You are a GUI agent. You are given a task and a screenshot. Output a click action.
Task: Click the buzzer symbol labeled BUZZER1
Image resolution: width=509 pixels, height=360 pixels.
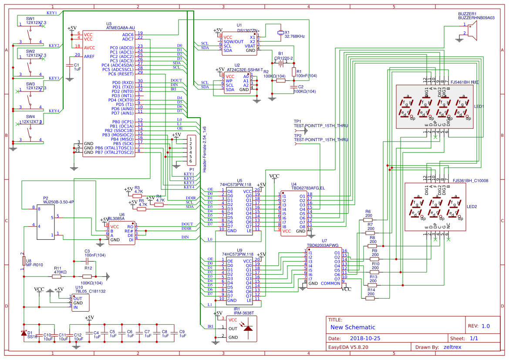click(x=472, y=31)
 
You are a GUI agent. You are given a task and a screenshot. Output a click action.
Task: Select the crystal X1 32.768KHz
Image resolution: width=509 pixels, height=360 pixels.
click(x=280, y=33)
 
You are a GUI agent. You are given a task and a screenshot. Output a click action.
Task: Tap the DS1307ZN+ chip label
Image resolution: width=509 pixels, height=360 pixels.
click(x=248, y=30)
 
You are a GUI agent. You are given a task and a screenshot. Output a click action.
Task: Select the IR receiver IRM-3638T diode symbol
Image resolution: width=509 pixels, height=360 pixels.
click(x=248, y=328)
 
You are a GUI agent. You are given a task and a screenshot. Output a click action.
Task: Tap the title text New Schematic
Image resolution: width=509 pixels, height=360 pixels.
click(x=352, y=327)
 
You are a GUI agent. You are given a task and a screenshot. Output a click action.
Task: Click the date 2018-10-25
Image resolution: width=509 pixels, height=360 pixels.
click(x=365, y=338)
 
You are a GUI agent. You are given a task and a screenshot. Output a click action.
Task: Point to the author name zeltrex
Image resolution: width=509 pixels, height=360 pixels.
click(x=452, y=347)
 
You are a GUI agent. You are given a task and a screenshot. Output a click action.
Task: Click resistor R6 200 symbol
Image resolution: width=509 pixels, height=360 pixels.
click(x=369, y=220)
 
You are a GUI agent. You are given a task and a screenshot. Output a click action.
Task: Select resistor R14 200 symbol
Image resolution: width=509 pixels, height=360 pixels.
click(x=371, y=298)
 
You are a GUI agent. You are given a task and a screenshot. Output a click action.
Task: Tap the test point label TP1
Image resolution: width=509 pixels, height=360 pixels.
click(x=297, y=121)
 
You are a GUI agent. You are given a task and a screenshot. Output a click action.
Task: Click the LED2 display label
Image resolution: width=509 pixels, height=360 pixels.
click(x=472, y=206)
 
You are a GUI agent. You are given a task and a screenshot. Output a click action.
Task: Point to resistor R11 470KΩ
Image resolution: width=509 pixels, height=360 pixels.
click(x=61, y=276)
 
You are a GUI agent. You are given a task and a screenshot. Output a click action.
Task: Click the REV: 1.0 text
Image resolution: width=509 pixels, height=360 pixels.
click(x=479, y=326)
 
